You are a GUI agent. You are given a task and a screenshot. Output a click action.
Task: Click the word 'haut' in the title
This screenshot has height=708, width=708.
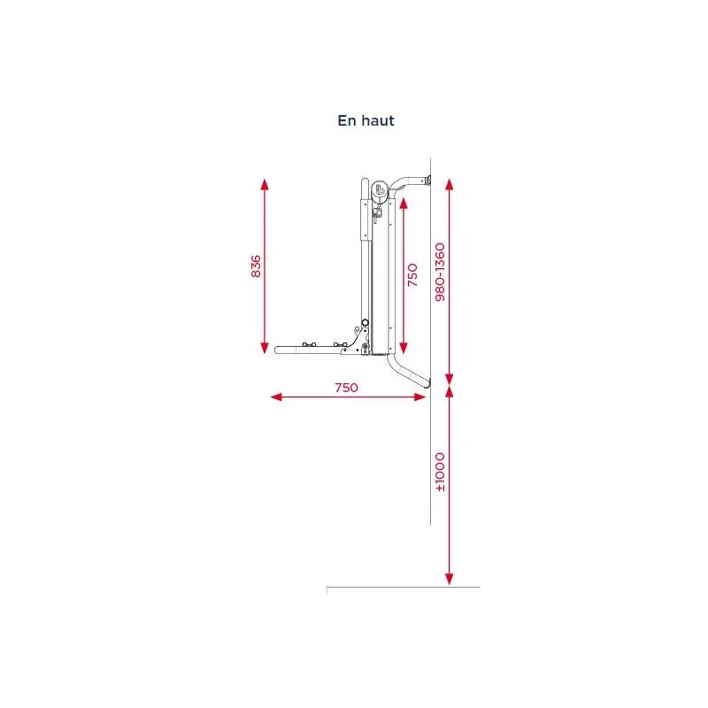coord(376,121)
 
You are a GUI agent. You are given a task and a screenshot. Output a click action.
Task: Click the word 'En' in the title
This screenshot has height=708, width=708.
coord(346,121)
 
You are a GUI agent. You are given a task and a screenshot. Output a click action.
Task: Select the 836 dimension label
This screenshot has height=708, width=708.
coord(257,266)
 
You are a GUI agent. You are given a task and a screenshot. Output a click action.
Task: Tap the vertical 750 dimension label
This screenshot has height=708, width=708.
coord(412,275)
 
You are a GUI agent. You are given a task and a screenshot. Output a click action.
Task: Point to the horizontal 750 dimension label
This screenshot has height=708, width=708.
coord(346,388)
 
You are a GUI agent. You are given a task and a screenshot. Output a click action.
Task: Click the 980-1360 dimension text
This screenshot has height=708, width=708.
coord(440,272)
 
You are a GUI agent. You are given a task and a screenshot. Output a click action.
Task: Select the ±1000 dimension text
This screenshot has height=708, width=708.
coord(440,473)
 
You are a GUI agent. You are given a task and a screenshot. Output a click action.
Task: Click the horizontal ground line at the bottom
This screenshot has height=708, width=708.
coord(403,587)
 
